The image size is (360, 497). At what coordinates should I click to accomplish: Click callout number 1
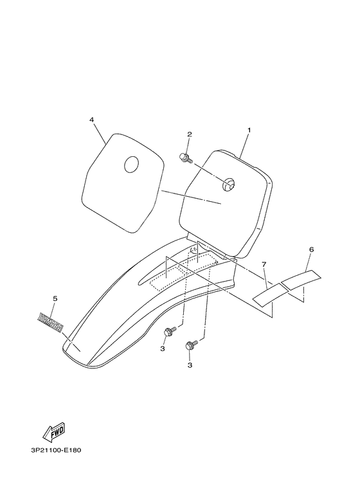(249, 130)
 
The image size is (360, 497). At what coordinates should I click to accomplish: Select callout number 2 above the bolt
(189, 134)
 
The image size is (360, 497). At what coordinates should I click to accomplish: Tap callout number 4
(91, 120)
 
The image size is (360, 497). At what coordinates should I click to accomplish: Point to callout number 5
(55, 298)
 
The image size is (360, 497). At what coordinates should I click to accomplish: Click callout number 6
(311, 249)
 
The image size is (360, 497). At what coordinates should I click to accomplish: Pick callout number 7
(264, 264)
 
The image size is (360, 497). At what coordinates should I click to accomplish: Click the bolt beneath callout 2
(186, 158)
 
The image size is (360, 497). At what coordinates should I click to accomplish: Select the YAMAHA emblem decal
(50, 322)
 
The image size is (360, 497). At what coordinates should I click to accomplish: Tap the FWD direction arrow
(54, 432)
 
